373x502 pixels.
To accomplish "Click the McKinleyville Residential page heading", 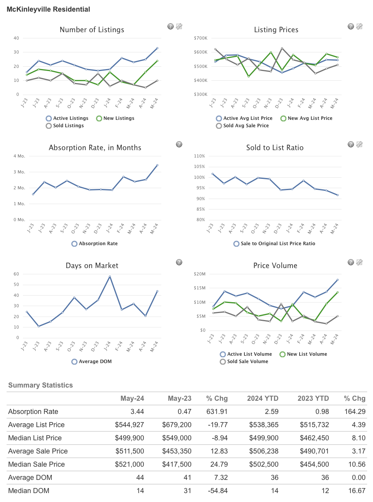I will coord(48,9).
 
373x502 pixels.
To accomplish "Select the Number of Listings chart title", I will coord(92,30).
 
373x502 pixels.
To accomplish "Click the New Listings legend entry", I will coord(115,118).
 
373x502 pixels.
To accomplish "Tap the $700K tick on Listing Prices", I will coord(200,38).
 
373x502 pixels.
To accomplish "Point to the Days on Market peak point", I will coord(110,277).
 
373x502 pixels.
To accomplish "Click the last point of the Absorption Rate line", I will coord(157,165).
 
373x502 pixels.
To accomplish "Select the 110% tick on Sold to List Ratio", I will coord(199,156).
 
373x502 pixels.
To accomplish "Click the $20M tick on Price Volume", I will coord(200,274).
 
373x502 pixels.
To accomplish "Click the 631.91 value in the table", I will coord(217,412).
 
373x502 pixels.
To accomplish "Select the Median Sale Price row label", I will coord(37,464).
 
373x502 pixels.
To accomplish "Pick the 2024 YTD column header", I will coord(263,398).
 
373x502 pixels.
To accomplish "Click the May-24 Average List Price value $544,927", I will coord(129,425).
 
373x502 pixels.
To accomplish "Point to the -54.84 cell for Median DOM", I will coord(218,491).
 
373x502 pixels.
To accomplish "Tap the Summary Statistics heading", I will coord(40,385).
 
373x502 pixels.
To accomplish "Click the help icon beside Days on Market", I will coord(179,262).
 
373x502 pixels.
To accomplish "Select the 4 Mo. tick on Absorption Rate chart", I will coord(19,156).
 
